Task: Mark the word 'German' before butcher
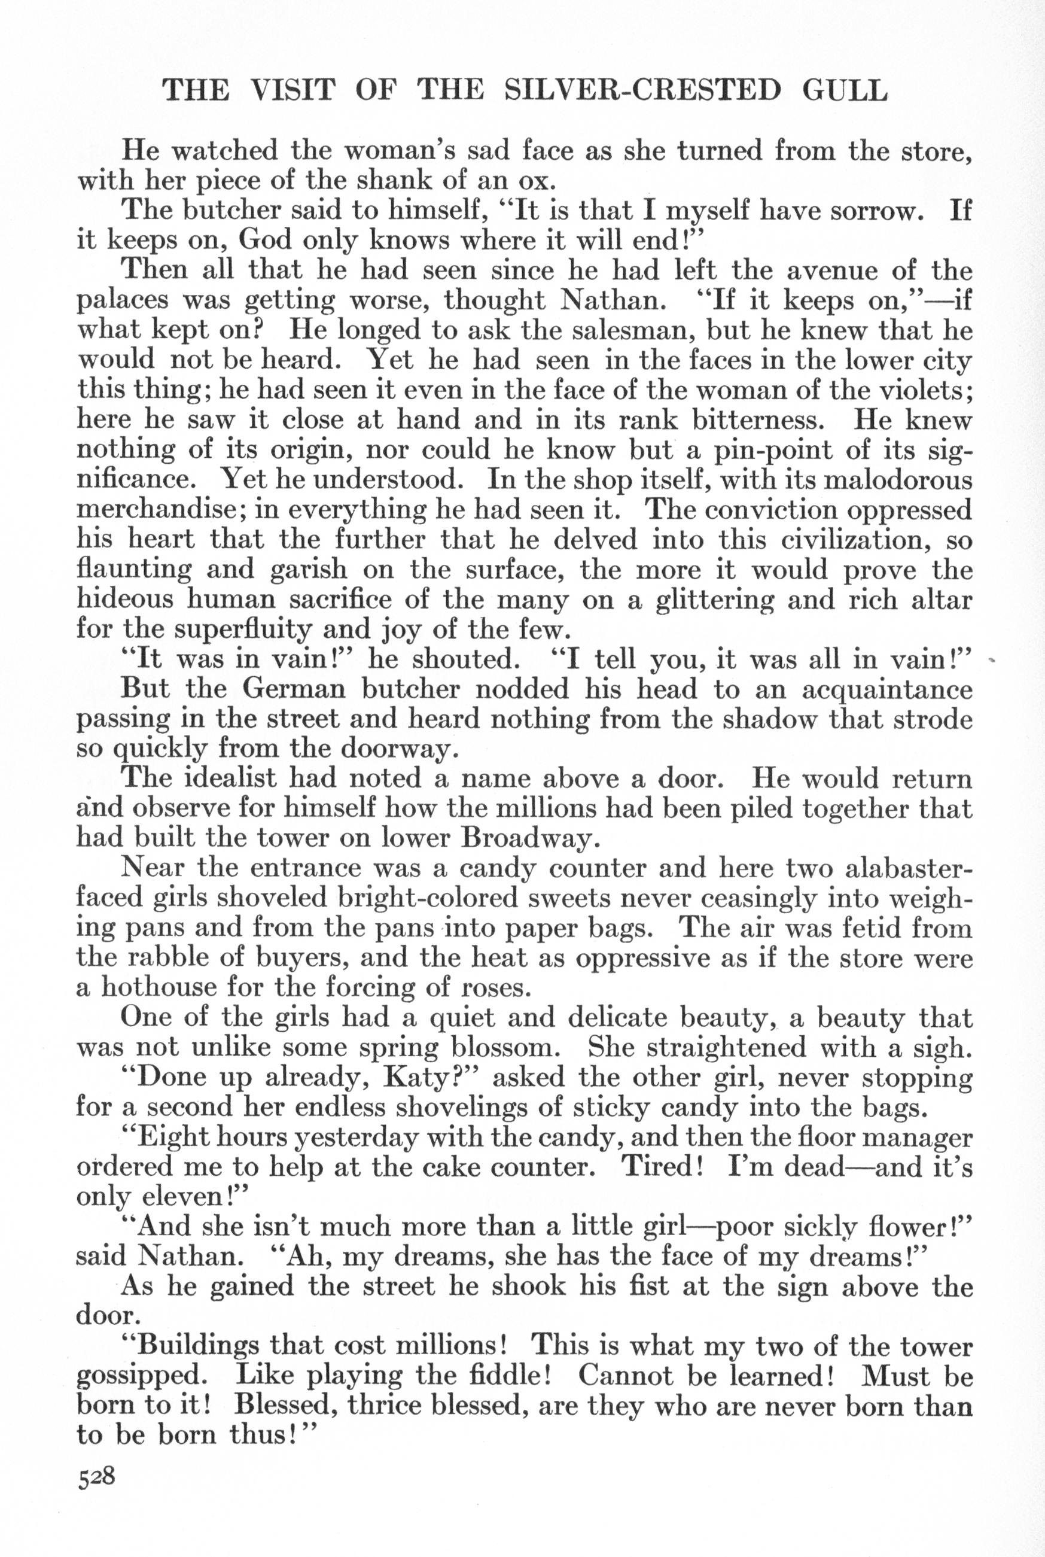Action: click(x=293, y=689)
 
